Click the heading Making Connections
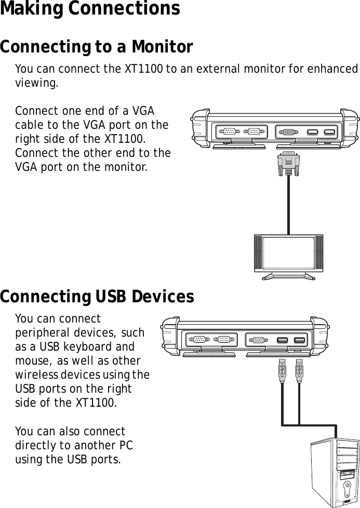[90, 9]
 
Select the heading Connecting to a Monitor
[97, 47]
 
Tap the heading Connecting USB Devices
[97, 297]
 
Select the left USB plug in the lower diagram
[282, 370]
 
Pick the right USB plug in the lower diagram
[299, 370]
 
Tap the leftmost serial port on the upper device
[229, 131]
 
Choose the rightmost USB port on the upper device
[329, 131]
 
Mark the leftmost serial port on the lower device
[198, 340]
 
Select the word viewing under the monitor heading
[36, 83]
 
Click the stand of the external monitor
[288, 276]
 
